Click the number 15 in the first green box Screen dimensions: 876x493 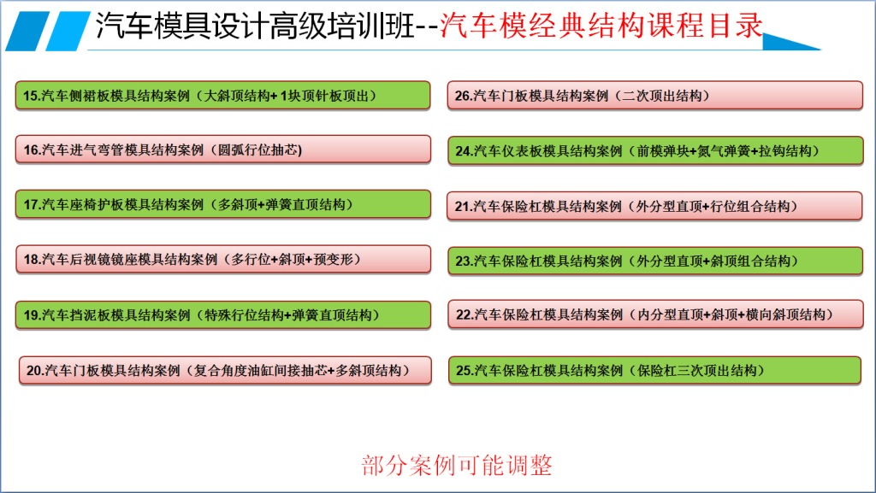pyautogui.click(x=30, y=96)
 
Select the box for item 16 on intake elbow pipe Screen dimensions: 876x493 pyautogui.click(x=223, y=150)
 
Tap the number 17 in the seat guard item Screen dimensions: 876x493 pyautogui.click(x=31, y=205)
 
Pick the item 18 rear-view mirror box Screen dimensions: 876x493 pyautogui.click(x=223, y=260)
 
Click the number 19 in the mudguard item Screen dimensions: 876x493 pyautogui.click(x=31, y=315)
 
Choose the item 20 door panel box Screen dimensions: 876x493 pyautogui.click(x=225, y=370)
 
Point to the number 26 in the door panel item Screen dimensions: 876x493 pyautogui.click(x=463, y=96)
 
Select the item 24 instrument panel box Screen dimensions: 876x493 pyautogui.click(x=655, y=150)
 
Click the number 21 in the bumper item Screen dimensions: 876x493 pyautogui.click(x=463, y=207)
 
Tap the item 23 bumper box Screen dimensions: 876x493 pyautogui.click(x=655, y=261)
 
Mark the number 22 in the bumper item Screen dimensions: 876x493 pyautogui.click(x=464, y=314)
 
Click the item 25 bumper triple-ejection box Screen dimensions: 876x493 pyautogui.click(x=654, y=370)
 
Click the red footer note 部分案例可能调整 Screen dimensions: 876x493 pyautogui.click(x=457, y=465)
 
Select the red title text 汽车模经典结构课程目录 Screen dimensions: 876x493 pyautogui.click(x=601, y=25)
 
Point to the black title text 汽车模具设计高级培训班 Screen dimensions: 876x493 pyautogui.click(x=255, y=26)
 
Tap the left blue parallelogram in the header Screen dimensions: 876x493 pyautogui.click(x=27, y=32)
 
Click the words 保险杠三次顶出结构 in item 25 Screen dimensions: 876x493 pyautogui.click(x=697, y=370)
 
